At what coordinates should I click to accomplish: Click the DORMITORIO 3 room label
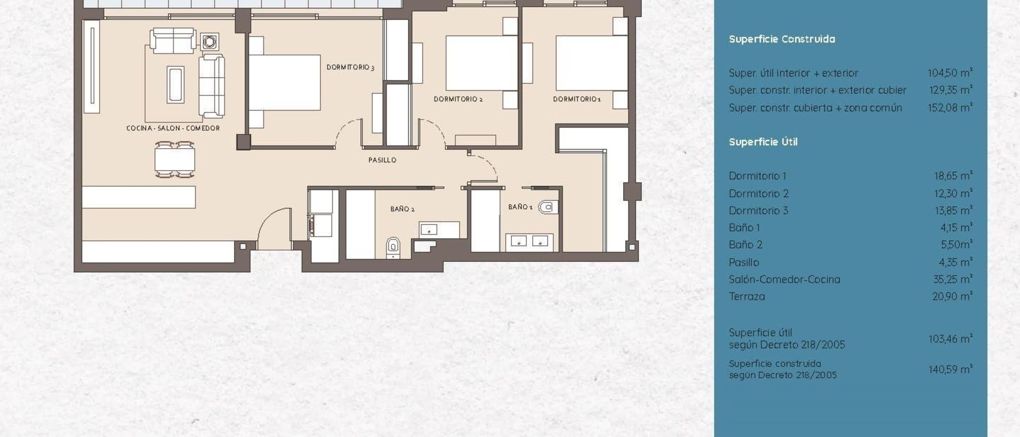(350, 67)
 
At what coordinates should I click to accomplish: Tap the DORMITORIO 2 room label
(458, 99)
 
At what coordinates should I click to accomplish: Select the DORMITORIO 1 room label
(577, 99)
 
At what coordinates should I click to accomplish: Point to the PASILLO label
(382, 160)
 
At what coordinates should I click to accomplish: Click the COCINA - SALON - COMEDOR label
(173, 128)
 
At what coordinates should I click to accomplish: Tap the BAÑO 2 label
(402, 209)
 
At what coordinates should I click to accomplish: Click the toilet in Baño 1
(548, 207)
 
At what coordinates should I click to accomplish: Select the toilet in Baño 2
(394, 247)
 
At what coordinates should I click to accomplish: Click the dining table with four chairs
(175, 160)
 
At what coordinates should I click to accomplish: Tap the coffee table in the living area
(176, 85)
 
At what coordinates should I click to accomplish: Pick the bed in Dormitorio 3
(284, 82)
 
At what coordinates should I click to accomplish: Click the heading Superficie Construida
(782, 39)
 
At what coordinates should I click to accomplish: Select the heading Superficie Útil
(763, 142)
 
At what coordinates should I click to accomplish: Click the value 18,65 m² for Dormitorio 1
(953, 175)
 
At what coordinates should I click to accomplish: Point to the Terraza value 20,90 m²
(952, 296)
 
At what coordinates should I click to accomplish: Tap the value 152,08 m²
(950, 107)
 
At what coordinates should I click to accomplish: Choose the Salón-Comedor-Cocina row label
(785, 279)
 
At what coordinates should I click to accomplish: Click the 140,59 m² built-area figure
(951, 369)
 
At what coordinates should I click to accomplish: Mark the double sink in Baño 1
(529, 242)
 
